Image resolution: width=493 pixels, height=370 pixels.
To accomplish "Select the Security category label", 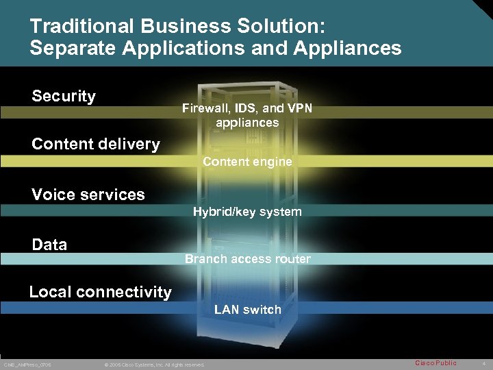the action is (64, 96).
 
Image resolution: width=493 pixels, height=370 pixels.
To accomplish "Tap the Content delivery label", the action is (96, 144).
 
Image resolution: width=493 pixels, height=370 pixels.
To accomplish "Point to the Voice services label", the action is (88, 195).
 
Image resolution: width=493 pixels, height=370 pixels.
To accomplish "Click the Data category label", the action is (49, 245).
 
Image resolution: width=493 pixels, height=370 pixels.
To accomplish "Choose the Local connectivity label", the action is (100, 292).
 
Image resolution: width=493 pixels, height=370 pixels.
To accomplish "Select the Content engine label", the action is (247, 162).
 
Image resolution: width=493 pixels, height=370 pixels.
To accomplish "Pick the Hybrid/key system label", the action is (247, 212).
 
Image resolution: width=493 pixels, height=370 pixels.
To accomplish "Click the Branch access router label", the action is (248, 259).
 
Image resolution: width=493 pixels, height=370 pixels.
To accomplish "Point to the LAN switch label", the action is (248, 310).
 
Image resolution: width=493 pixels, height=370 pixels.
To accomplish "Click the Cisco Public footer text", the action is (435, 362).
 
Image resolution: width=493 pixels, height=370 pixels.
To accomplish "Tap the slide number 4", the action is (483, 363).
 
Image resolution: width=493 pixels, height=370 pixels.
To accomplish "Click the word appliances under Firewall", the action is (247, 123).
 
